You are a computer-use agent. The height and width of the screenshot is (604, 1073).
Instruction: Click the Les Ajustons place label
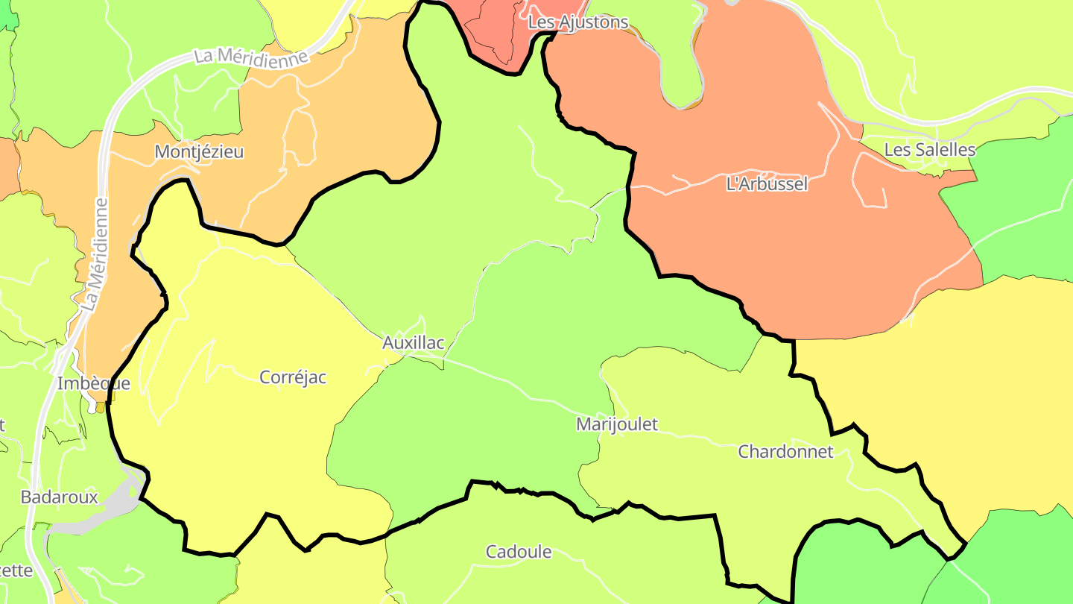pyautogui.click(x=577, y=22)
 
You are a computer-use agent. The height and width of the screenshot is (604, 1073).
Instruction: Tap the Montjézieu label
pyautogui.click(x=199, y=152)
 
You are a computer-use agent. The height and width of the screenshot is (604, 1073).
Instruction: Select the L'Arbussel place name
pyautogui.click(x=767, y=184)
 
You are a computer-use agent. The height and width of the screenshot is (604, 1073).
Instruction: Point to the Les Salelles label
pyautogui.click(x=929, y=150)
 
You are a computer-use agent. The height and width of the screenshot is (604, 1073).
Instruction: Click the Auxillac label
pyautogui.click(x=413, y=343)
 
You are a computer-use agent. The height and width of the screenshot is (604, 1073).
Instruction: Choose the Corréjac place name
pyautogui.click(x=293, y=377)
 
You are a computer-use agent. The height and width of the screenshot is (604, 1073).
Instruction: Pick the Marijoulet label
pyautogui.click(x=617, y=424)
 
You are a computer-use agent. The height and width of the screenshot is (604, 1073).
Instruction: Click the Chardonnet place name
pyautogui.click(x=785, y=452)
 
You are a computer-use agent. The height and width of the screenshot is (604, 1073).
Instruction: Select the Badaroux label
pyautogui.click(x=60, y=497)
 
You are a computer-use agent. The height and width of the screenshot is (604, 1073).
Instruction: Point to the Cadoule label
pyautogui.click(x=519, y=553)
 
